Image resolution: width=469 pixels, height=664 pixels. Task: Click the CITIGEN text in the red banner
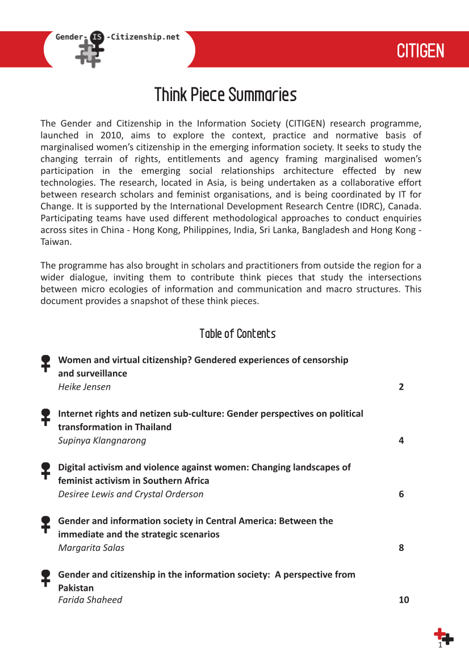420,51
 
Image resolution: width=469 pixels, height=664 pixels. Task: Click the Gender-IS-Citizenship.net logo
117,48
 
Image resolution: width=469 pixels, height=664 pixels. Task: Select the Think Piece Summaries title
225,95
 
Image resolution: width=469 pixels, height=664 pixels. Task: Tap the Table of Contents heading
237,333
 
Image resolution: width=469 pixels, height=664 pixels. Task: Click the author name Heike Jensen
85,387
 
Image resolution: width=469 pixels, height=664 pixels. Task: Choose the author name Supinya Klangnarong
102,440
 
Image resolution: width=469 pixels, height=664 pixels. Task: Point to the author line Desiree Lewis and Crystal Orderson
131,494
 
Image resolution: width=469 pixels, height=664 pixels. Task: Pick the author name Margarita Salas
91,548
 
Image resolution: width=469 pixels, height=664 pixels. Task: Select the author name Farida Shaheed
90,600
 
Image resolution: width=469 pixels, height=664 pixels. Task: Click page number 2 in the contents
401,387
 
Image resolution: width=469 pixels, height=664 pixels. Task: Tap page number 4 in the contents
401,440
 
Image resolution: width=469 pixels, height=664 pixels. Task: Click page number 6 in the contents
401,494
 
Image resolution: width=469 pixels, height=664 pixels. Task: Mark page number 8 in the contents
401,548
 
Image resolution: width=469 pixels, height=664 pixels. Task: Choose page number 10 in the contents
404,600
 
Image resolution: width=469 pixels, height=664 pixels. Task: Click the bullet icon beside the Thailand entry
46,417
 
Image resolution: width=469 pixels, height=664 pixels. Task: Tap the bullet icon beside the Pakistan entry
46,578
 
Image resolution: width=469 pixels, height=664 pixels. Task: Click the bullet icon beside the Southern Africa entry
46,470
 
